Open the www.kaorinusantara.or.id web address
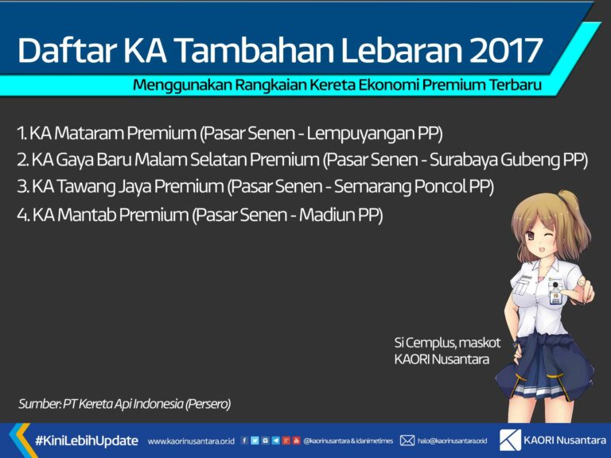click(x=191, y=441)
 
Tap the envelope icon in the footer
click(x=407, y=440)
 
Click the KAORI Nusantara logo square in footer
click(x=510, y=439)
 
